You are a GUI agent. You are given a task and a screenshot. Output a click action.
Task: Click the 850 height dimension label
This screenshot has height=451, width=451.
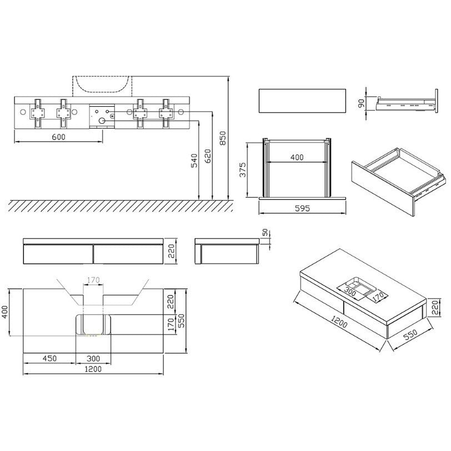223,138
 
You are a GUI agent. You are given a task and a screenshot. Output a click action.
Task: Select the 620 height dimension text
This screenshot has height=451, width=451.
208,156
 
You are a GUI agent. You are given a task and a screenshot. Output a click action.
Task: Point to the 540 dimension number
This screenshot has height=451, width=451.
194,161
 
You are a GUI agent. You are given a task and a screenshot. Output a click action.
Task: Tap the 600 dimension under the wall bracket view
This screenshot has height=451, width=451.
59,137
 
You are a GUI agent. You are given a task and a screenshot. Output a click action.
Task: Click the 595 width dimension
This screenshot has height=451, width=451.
303,208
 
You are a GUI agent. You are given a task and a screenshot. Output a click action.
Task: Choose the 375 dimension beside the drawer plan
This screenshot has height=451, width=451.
243,170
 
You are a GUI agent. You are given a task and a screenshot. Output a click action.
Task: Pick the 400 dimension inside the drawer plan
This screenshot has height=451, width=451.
297,157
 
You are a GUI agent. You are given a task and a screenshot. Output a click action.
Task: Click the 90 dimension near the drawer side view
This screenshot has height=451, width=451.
361,103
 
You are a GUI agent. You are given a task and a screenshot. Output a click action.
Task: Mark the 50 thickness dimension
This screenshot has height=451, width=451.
265,232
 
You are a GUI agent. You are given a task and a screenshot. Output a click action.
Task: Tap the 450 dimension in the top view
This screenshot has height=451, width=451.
50,358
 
